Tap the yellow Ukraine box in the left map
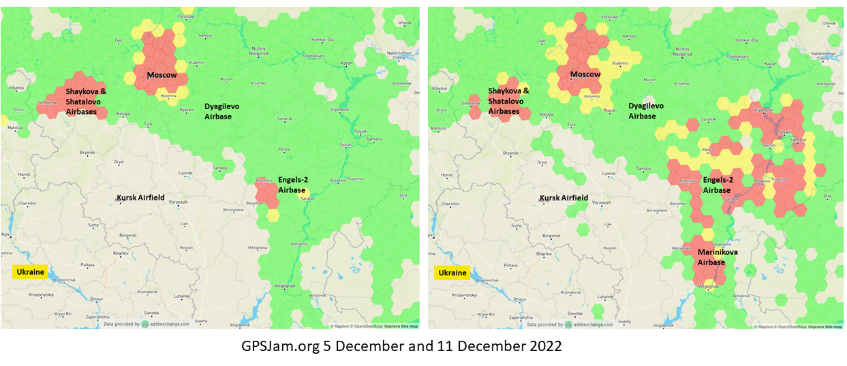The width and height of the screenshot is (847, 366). [x=30, y=272]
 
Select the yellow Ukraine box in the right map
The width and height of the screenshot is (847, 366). [x=452, y=273]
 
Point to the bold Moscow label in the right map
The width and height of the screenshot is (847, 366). [x=585, y=74]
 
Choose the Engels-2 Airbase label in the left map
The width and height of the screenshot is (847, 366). [x=292, y=185]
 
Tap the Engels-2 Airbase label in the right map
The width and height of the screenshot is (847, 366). [x=718, y=185]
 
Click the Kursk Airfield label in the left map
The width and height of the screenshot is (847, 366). [x=140, y=198]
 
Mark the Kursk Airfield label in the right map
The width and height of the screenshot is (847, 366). [x=564, y=198]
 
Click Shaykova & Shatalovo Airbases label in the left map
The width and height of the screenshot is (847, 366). [x=86, y=101]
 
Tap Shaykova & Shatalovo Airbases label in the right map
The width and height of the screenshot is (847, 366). [x=509, y=101]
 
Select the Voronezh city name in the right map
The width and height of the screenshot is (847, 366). [x=601, y=203]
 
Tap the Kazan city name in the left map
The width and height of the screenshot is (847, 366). [x=346, y=63]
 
